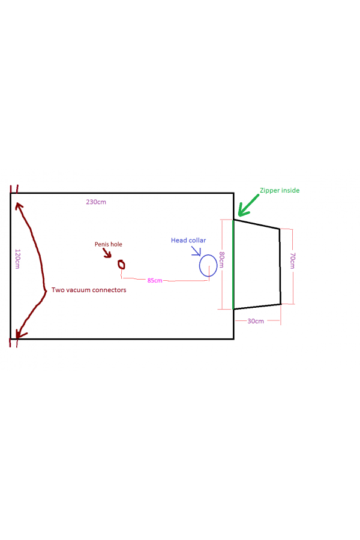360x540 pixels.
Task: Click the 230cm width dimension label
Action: (x=96, y=202)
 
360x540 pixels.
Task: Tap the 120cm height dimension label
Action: (x=17, y=259)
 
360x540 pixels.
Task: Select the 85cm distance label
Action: (x=154, y=280)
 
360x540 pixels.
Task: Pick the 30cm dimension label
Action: (x=256, y=321)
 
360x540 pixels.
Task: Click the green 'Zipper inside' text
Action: (x=279, y=190)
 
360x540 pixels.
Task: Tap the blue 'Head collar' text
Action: (x=188, y=240)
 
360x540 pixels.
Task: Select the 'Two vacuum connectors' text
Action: (x=89, y=290)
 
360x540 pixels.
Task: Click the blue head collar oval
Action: (x=208, y=265)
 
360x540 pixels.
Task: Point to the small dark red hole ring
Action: (x=121, y=264)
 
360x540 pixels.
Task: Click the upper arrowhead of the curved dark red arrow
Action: (x=19, y=206)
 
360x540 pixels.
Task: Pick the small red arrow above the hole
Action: (x=108, y=254)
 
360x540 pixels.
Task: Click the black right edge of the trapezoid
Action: (x=280, y=266)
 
